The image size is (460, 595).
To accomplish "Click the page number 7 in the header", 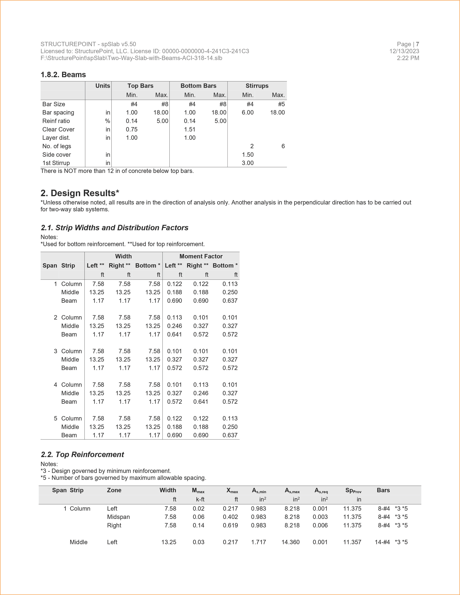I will pyautogui.click(x=417, y=44).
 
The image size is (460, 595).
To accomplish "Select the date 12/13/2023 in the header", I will pyautogui.click(x=404, y=51).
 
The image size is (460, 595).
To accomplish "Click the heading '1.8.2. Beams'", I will pyautogui.click(x=63, y=75).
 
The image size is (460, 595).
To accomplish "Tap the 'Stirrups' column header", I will pyautogui.click(x=257, y=86).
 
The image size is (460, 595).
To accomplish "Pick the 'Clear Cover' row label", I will pyautogui.click(x=58, y=129).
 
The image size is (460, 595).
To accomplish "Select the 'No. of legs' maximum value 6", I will pyautogui.click(x=283, y=146).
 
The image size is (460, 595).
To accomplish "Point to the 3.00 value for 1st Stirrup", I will pyautogui.click(x=247, y=163).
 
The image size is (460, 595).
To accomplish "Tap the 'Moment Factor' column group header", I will pyautogui.click(x=201, y=256).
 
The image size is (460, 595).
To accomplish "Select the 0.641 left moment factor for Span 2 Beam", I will pyautogui.click(x=174, y=334).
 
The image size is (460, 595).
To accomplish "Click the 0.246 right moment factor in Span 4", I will pyautogui.click(x=201, y=393).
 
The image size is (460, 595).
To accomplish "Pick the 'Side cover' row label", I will pyautogui.click(x=56, y=155).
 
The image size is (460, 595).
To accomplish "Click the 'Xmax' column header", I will pyautogui.click(x=232, y=491).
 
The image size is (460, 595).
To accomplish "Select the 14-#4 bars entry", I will pyautogui.click(x=382, y=542).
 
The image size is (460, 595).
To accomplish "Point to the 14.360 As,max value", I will pyautogui.click(x=290, y=542).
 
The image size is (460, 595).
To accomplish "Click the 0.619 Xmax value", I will pyautogui.click(x=230, y=525).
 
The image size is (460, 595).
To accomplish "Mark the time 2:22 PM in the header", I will pyautogui.click(x=408, y=58).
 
